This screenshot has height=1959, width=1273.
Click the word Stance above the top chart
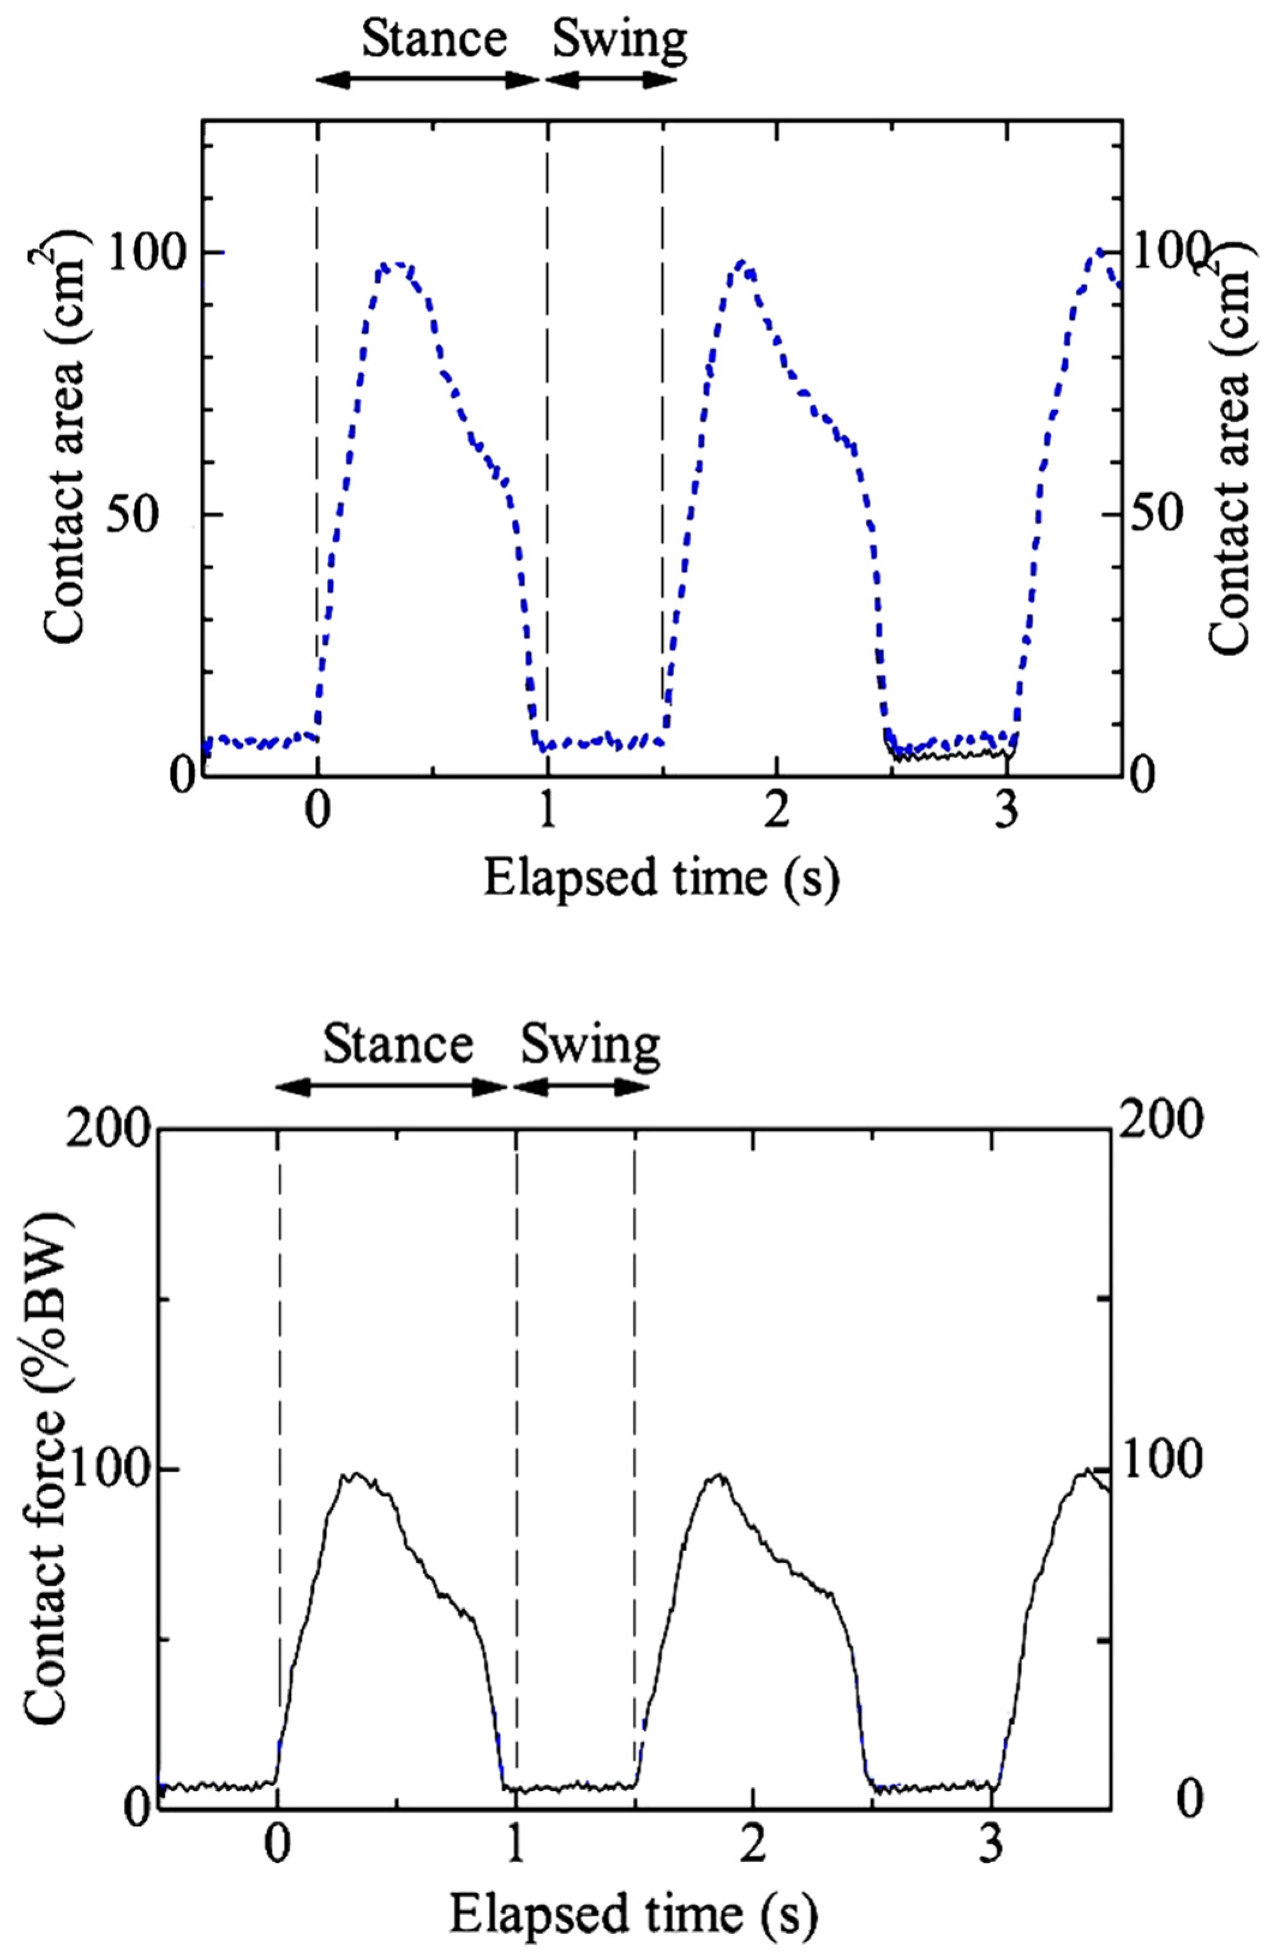click(434, 38)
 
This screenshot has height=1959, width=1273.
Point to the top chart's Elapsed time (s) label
click(660, 878)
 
